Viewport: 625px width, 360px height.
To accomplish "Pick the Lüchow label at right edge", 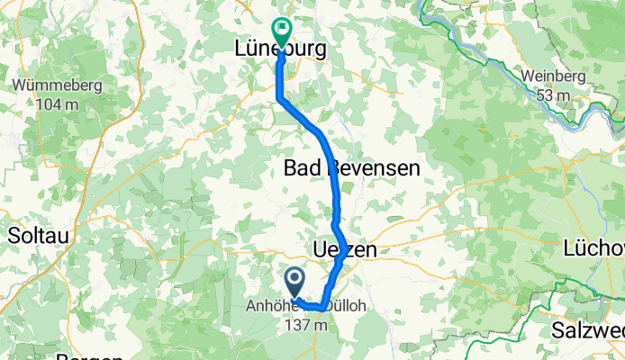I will pos(594,247).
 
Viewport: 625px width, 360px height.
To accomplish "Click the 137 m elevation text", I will pos(303,323).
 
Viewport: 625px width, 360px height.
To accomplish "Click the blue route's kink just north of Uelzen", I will pos(334,221).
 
